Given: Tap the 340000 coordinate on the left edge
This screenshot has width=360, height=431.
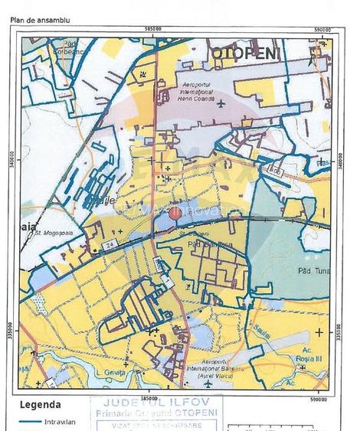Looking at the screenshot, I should click(13, 162).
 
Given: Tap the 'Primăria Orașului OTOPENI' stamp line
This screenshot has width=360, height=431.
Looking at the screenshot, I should click(155, 414).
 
